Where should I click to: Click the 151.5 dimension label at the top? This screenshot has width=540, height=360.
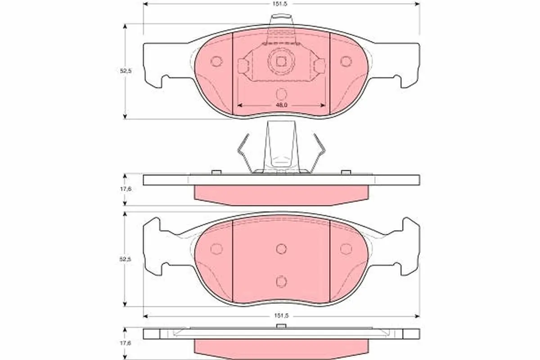point(279,4)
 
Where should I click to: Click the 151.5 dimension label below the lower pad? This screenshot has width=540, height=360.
point(281,315)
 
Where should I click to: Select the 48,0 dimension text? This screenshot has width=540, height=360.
point(282,105)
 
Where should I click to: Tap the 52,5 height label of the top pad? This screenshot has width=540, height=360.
point(126,71)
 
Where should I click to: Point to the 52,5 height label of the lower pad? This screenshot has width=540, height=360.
point(125,259)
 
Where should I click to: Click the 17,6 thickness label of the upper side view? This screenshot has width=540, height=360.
point(126,189)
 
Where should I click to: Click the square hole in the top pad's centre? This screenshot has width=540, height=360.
point(281,62)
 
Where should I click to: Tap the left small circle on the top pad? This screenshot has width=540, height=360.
point(216,62)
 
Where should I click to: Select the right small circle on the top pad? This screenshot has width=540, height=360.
point(346,62)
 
